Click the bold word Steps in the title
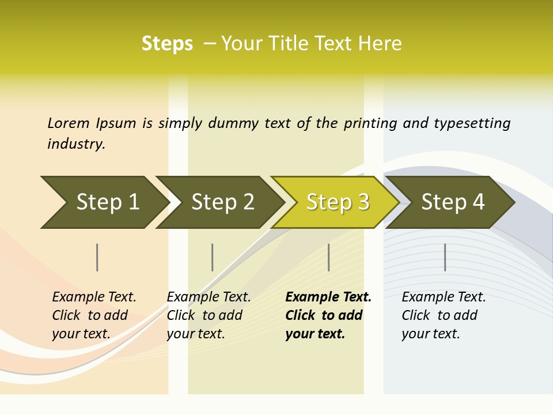167,44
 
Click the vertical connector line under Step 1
97,257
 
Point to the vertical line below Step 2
213,257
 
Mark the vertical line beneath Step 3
329,257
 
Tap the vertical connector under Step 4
445,257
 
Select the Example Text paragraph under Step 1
93,315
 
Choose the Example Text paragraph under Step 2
208,315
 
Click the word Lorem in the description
69,123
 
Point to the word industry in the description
75,144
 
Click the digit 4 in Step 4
478,202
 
